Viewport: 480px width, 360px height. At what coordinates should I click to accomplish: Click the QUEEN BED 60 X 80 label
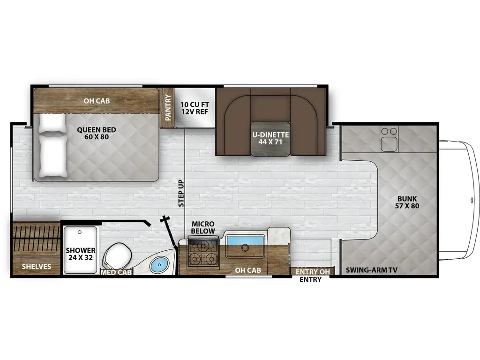click(x=97, y=134)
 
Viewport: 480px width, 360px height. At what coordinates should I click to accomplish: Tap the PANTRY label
click(x=167, y=106)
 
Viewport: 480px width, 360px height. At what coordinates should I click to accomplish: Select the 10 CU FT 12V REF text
click(x=191, y=107)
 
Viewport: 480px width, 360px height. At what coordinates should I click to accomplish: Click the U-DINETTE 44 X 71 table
click(x=270, y=139)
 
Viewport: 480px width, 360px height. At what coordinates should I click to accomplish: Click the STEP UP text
click(x=181, y=193)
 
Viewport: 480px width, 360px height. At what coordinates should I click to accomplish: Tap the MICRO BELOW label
click(x=203, y=228)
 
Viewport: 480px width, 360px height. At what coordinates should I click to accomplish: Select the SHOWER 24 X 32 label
click(x=81, y=254)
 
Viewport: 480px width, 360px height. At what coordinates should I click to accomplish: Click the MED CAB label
click(x=117, y=271)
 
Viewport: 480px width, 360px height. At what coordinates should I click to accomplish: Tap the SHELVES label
click(x=36, y=267)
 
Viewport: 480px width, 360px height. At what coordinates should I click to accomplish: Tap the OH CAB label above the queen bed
click(x=97, y=99)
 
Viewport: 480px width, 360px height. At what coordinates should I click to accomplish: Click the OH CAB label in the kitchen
click(x=247, y=270)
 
